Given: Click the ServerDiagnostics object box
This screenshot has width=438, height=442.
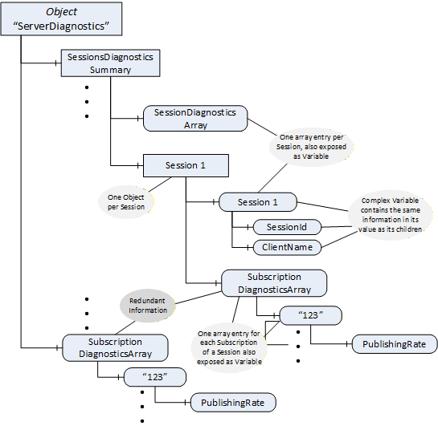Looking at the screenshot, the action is tap(61, 19).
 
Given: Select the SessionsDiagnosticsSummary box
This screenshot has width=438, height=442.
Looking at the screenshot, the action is tap(110, 63).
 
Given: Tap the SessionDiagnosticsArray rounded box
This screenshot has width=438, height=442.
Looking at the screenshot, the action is tap(195, 119).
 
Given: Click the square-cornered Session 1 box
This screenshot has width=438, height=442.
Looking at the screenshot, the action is tap(186, 165).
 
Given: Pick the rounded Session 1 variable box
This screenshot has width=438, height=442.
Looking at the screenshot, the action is tap(258, 202).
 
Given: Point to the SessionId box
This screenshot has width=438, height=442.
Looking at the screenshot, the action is tap(287, 227).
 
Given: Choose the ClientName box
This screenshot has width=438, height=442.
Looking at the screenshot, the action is tap(287, 248).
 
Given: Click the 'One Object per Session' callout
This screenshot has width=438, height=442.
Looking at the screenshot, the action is tap(126, 202).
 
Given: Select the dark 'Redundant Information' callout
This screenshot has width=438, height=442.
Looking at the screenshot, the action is tap(148, 306).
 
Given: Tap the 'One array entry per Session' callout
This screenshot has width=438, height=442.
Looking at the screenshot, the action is tap(311, 147).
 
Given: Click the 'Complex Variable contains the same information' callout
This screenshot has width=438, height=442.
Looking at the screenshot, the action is tap(391, 215).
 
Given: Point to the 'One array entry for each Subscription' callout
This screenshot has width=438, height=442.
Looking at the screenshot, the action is tap(229, 347).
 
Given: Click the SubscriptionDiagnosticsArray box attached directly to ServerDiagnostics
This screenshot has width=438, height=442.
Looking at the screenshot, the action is tap(115, 348).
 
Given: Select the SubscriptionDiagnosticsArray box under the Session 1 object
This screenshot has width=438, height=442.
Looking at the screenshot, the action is tap(274, 283).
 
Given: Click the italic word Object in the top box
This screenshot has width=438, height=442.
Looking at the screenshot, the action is tap(61, 12).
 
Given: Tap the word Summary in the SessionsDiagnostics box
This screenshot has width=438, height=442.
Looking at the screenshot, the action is tap(110, 70).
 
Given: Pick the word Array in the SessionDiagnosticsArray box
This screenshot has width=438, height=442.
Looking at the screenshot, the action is tap(195, 125).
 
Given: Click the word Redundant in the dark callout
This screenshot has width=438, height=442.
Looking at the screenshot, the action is tap(147, 301).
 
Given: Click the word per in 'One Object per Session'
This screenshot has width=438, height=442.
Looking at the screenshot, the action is tap(113, 207).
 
